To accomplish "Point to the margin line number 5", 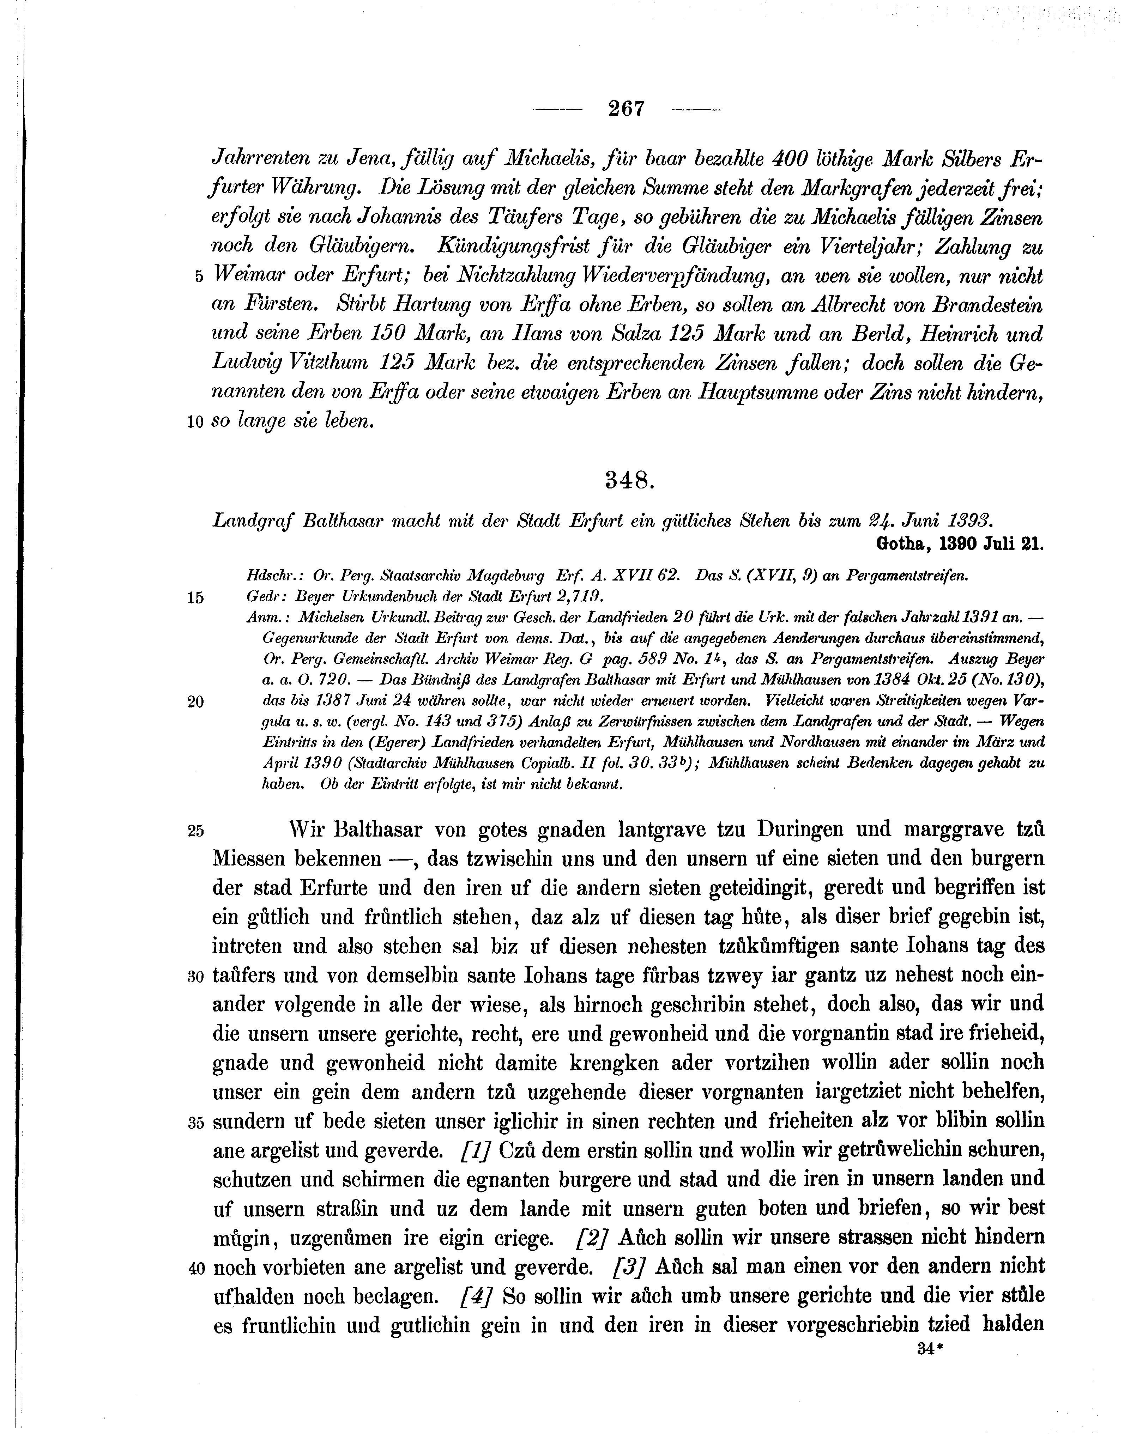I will [199, 277].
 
